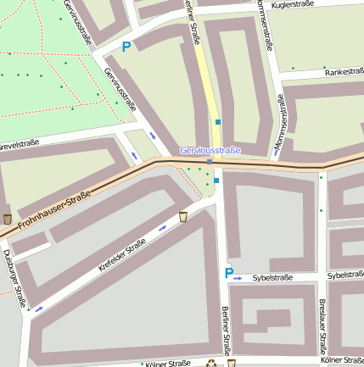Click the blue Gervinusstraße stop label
coord(210,150)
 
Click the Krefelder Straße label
coord(122,254)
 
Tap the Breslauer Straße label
coord(322,327)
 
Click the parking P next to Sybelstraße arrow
coord(227,273)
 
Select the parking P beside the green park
coord(126,47)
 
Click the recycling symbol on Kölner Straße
coord(210,364)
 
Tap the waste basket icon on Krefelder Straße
coord(182,217)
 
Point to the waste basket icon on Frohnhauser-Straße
coord(8,219)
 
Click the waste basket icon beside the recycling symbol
coord(231,364)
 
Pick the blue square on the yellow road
coord(218,123)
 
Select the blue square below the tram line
coord(216,180)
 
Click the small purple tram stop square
coord(210,160)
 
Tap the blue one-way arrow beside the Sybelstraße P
coord(238,277)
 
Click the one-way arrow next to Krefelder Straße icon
coord(162,228)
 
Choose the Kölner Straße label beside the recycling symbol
coord(168,364)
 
